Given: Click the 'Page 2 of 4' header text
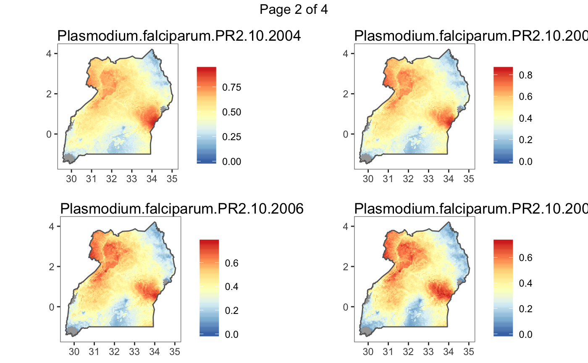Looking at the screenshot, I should click(294, 9).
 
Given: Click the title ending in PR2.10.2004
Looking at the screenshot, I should click(179, 37).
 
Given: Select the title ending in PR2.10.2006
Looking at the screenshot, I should click(182, 209).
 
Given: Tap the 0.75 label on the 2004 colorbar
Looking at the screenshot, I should click(231, 88).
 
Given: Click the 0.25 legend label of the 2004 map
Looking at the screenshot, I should click(231, 137).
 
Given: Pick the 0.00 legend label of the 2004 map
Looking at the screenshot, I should click(231, 162).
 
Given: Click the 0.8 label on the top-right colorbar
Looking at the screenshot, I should click(525, 75).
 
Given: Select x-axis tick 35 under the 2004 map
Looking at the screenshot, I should click(172, 178).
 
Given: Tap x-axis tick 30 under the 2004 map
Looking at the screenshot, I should click(71, 178).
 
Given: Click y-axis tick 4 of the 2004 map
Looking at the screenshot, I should click(49, 53).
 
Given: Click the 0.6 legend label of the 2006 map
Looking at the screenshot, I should click(231, 263).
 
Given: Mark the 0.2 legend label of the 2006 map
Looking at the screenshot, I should click(231, 311).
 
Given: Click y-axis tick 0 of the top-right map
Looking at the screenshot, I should click(345, 134).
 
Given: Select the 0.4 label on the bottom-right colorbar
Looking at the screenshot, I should click(525, 283).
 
